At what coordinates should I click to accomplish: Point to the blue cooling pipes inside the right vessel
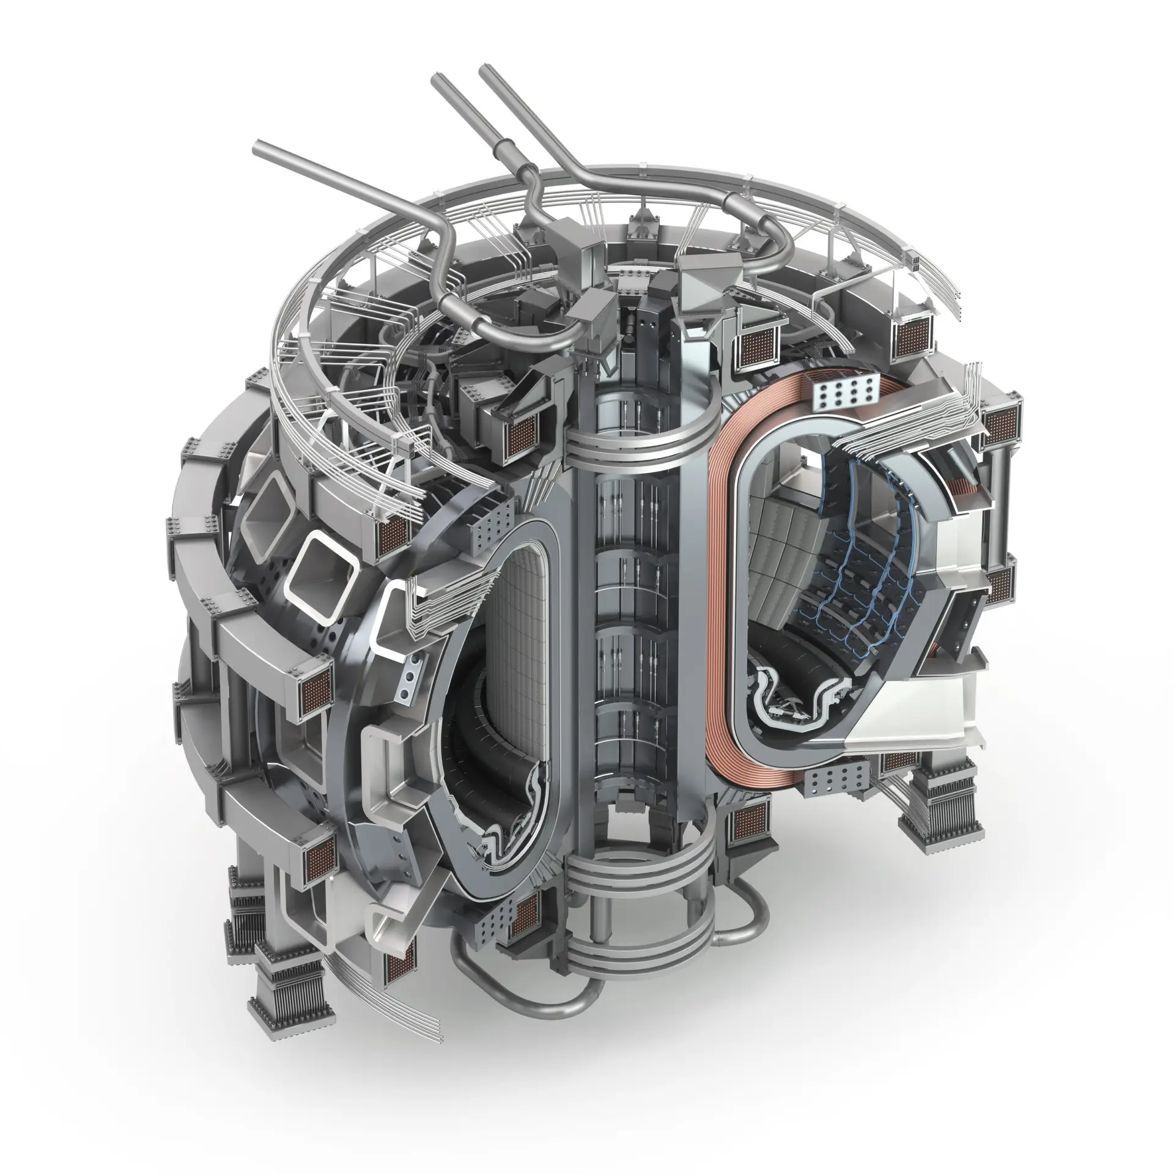868,569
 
